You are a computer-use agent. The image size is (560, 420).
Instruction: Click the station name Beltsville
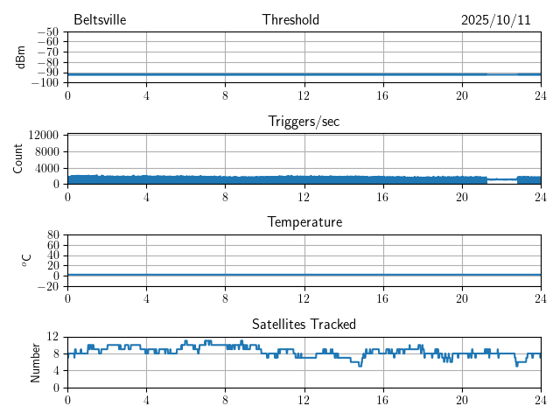click(101, 20)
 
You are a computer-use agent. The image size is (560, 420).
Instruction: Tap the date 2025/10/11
click(496, 20)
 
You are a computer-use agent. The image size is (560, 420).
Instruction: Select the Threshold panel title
click(290, 20)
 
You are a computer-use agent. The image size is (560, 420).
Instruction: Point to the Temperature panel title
click(304, 222)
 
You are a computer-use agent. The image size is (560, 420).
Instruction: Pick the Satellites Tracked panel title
click(304, 324)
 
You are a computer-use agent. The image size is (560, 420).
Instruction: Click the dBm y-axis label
click(21, 57)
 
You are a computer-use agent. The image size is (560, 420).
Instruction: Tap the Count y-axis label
click(18, 158)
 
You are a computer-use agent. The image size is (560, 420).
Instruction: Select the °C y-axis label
click(26, 260)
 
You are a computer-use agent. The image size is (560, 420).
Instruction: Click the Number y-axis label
click(36, 361)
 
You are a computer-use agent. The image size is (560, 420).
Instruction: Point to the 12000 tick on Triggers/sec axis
click(44, 136)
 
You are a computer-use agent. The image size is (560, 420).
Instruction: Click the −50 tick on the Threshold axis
click(47, 31)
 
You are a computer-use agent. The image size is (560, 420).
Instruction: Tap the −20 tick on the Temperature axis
click(47, 286)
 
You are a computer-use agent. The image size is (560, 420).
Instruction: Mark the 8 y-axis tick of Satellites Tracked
click(56, 353)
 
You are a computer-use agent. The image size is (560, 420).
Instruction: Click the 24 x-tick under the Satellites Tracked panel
click(540, 399)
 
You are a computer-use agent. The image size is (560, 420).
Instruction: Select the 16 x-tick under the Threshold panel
click(382, 94)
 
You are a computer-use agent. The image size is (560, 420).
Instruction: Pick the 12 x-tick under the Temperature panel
click(304, 297)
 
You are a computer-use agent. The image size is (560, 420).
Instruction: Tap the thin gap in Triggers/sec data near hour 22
click(502, 179)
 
